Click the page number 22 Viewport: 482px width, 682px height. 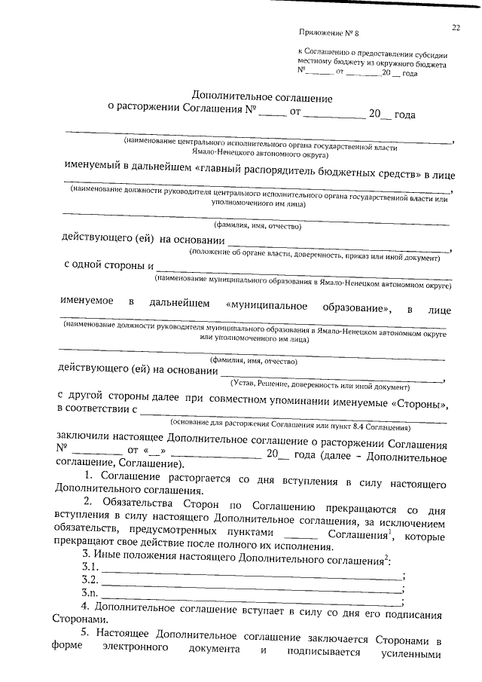coord(456,28)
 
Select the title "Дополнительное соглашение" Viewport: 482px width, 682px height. coord(262,98)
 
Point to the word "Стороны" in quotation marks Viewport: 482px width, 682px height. coord(420,404)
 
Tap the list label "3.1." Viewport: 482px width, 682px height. coord(90,566)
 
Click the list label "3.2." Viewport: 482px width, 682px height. coord(90,580)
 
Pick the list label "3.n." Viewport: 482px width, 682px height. coord(90,593)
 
